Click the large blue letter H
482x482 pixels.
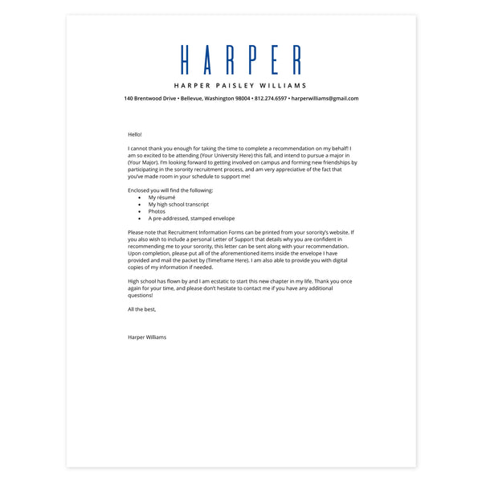click(186, 60)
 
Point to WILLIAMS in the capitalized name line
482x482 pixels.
click(284, 85)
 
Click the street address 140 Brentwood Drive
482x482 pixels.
click(150, 99)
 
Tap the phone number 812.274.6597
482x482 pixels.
click(270, 99)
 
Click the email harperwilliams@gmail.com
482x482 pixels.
click(325, 99)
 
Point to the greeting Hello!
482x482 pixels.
click(134, 134)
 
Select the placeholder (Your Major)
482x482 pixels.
click(145, 163)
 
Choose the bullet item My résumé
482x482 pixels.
click(161, 198)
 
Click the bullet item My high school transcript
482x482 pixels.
click(178, 204)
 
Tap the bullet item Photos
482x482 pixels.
click(157, 211)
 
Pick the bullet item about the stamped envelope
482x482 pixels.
click(191, 219)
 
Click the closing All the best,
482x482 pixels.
click(142, 309)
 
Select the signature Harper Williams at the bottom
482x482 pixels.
click(147, 337)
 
